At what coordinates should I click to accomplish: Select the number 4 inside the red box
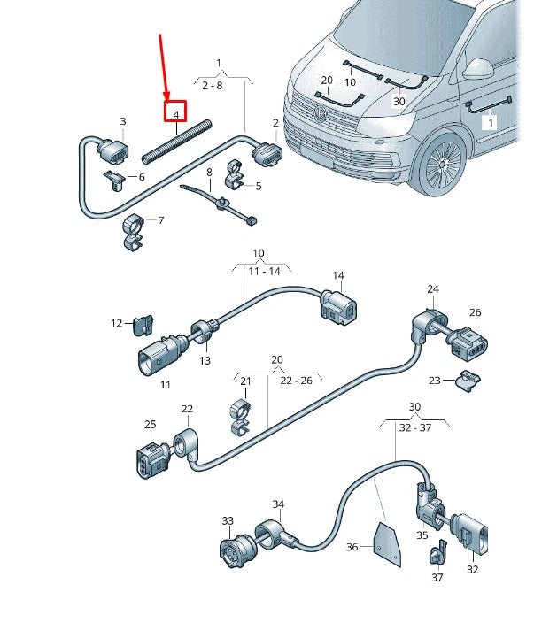[176, 114]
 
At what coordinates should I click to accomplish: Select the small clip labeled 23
[467, 382]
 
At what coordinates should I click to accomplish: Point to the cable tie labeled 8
[221, 203]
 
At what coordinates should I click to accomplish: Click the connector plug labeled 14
[340, 306]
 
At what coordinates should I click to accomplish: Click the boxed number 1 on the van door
[489, 124]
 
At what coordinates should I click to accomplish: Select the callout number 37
[437, 578]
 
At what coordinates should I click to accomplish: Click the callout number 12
[117, 324]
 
